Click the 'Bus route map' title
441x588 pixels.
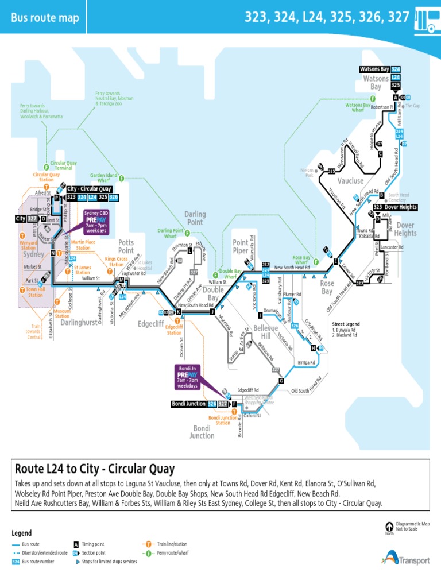click(45, 18)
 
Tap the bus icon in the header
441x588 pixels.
click(425, 21)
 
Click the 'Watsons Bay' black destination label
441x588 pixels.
click(374, 69)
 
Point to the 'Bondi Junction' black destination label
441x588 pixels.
click(189, 404)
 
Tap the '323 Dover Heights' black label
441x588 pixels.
click(394, 207)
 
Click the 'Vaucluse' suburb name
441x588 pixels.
click(350, 180)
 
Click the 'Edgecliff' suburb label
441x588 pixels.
click(151, 324)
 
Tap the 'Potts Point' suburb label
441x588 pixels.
click(126, 247)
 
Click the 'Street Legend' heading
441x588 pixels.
click(346, 324)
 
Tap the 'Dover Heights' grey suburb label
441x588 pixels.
click(405, 230)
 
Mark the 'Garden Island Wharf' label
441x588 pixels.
click(103, 178)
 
